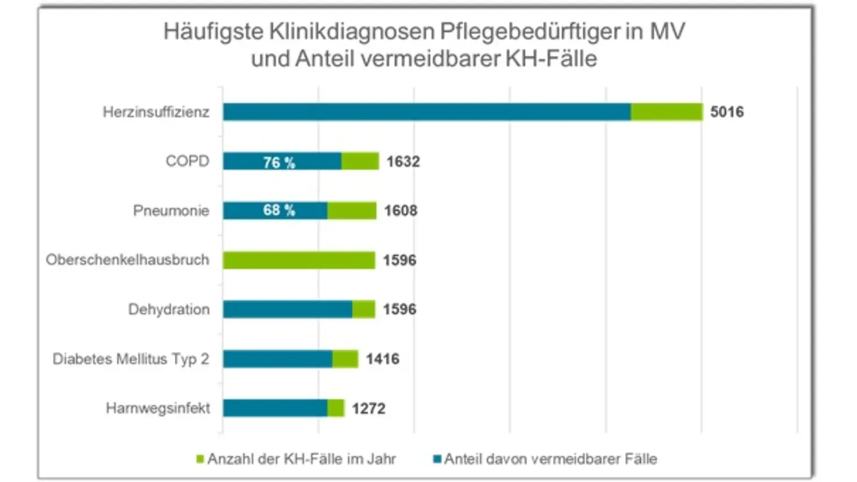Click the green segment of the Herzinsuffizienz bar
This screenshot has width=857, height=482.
point(667,112)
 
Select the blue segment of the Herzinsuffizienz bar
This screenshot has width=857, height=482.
point(426,112)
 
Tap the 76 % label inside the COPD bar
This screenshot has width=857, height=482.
point(279,162)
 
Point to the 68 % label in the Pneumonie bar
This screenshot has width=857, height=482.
point(279,210)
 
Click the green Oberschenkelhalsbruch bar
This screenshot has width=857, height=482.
point(299,260)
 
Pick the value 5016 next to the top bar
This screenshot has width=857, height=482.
point(727,112)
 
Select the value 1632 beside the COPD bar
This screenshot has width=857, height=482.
point(403,161)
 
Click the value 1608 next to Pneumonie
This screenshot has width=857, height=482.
point(401,210)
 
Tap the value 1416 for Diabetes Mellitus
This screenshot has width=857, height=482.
point(383,359)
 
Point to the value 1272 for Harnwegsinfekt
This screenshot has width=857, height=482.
point(369,408)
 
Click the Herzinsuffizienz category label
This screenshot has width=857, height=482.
point(156,112)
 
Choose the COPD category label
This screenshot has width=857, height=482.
point(187,161)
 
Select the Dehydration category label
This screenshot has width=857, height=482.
point(169,309)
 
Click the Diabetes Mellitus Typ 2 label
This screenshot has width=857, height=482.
point(131,359)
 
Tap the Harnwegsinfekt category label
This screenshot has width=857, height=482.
point(158,408)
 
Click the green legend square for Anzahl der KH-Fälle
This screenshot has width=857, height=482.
point(200,459)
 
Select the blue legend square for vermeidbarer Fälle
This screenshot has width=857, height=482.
point(437,459)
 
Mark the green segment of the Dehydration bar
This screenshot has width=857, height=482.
point(363,309)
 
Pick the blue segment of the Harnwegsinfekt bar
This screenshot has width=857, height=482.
point(275,408)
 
